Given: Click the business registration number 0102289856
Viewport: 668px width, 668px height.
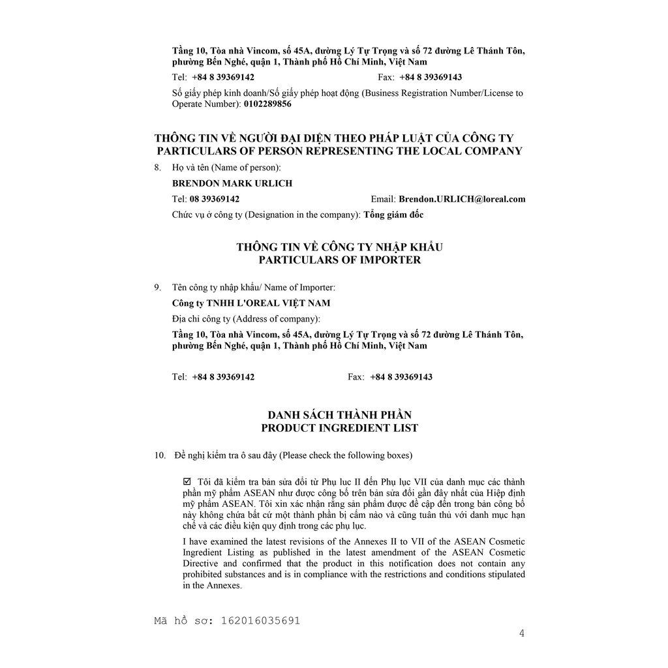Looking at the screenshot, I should pyautogui.click(x=267, y=104).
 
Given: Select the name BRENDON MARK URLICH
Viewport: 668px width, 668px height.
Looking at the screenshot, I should pyautogui.click(x=232, y=183).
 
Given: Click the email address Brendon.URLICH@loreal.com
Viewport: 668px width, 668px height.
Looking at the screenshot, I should pyautogui.click(x=462, y=199).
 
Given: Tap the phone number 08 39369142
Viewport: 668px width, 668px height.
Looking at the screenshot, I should pyautogui.click(x=215, y=199).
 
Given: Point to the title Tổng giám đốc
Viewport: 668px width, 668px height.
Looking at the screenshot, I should pyautogui.click(x=393, y=215).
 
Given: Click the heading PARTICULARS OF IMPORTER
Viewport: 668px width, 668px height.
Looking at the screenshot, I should pyautogui.click(x=339, y=260).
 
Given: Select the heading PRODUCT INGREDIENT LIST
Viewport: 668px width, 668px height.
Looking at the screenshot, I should pyautogui.click(x=339, y=428).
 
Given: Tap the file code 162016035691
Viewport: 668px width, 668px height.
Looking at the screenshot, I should pyautogui.click(x=261, y=620).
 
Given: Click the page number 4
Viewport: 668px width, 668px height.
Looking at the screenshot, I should pyautogui.click(x=521, y=633).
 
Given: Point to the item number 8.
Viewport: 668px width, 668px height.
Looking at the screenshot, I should pyautogui.click(x=157, y=168).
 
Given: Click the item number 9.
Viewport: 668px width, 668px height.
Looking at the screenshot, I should pyautogui.click(x=157, y=287).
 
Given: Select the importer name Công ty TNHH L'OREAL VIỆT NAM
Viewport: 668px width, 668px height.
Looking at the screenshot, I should pyautogui.click(x=251, y=303).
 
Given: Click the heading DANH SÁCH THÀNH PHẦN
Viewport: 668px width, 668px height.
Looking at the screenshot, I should pyautogui.click(x=339, y=415).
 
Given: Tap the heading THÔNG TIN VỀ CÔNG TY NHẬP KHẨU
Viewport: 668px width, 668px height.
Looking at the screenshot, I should pyautogui.click(x=339, y=247).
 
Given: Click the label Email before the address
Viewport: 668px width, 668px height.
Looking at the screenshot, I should pyautogui.click(x=382, y=199).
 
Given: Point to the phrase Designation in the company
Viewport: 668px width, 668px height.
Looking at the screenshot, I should pyautogui.click(x=308, y=215).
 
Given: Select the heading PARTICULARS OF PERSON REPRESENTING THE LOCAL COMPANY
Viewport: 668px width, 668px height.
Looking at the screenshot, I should pyautogui.click(x=339, y=151).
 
